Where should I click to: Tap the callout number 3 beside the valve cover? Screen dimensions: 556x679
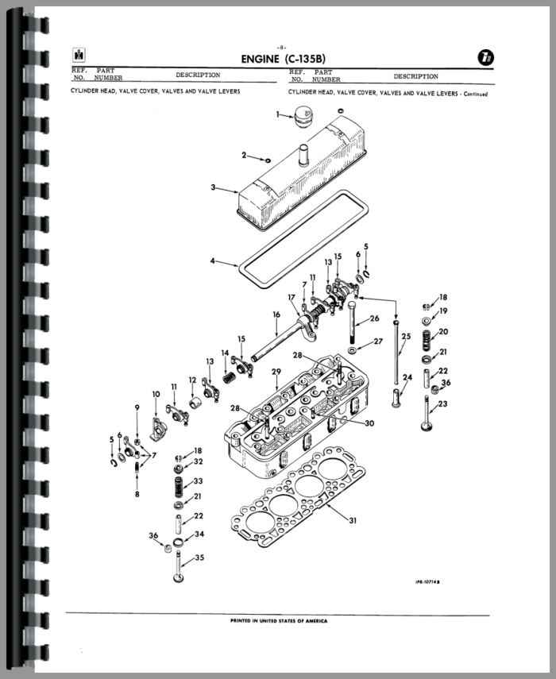pos(213,187)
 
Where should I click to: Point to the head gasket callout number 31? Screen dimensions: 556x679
pos(353,520)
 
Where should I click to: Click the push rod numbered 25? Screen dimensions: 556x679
pos(396,352)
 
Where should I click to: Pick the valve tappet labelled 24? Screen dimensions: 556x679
pos(396,398)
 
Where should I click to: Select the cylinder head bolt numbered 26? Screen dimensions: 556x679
pos(351,323)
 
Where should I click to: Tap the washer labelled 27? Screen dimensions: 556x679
pos(352,349)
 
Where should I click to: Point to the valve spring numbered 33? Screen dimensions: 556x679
pos(178,487)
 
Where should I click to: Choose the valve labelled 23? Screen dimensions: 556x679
pos(427,414)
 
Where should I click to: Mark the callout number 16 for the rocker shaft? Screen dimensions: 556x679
pos(276,314)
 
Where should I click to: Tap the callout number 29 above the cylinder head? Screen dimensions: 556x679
pos(276,372)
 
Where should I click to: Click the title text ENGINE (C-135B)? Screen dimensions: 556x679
pos(284,59)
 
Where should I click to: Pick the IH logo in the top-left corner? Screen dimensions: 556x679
pos(79,55)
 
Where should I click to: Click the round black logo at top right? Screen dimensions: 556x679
pos(486,58)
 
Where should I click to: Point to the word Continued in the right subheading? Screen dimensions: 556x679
pos(476,94)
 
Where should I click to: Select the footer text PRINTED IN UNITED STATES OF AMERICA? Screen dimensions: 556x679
pos(279,621)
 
